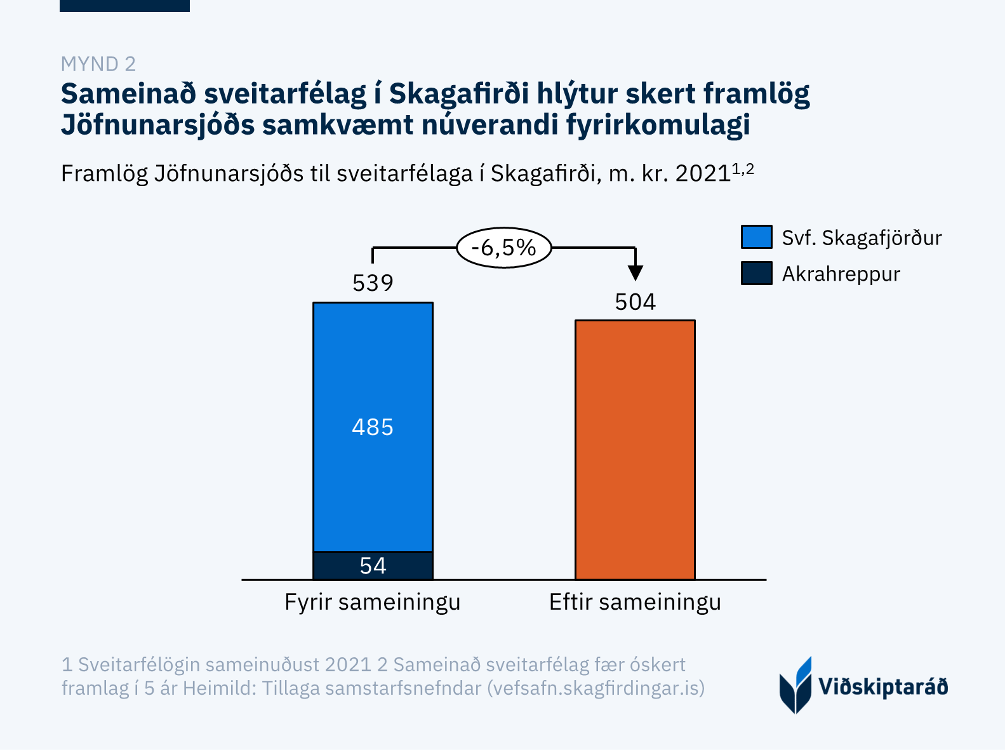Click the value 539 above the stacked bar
373,283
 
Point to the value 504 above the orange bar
635,302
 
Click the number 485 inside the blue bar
373,427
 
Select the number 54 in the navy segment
373,566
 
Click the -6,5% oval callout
503,247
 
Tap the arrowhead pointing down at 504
635,273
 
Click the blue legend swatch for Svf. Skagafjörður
756,237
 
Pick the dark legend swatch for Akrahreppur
756,273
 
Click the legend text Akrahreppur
841,274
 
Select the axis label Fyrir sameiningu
372,602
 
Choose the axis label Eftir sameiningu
635,602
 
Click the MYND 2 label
98,64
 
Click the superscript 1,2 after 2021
743,169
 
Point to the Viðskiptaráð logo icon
795,685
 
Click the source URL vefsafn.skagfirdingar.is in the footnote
596,688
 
